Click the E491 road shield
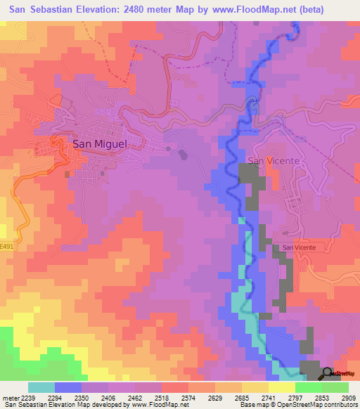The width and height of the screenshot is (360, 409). pos(7,247)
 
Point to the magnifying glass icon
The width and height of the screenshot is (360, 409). pos(328,373)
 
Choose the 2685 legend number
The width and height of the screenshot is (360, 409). pos(243,397)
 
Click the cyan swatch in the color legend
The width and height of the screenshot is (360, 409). pos(41,387)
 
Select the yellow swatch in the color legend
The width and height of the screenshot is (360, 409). pos(281,387)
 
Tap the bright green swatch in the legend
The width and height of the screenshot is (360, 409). pos(308,387)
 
